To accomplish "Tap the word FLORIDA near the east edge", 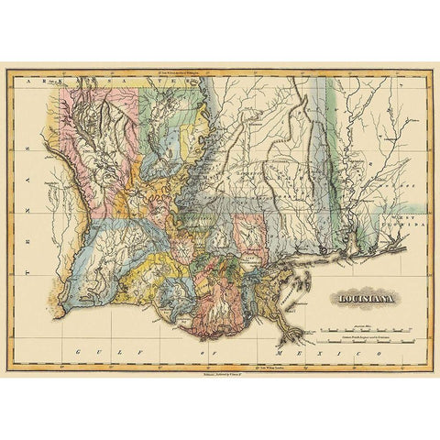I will (402, 223).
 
